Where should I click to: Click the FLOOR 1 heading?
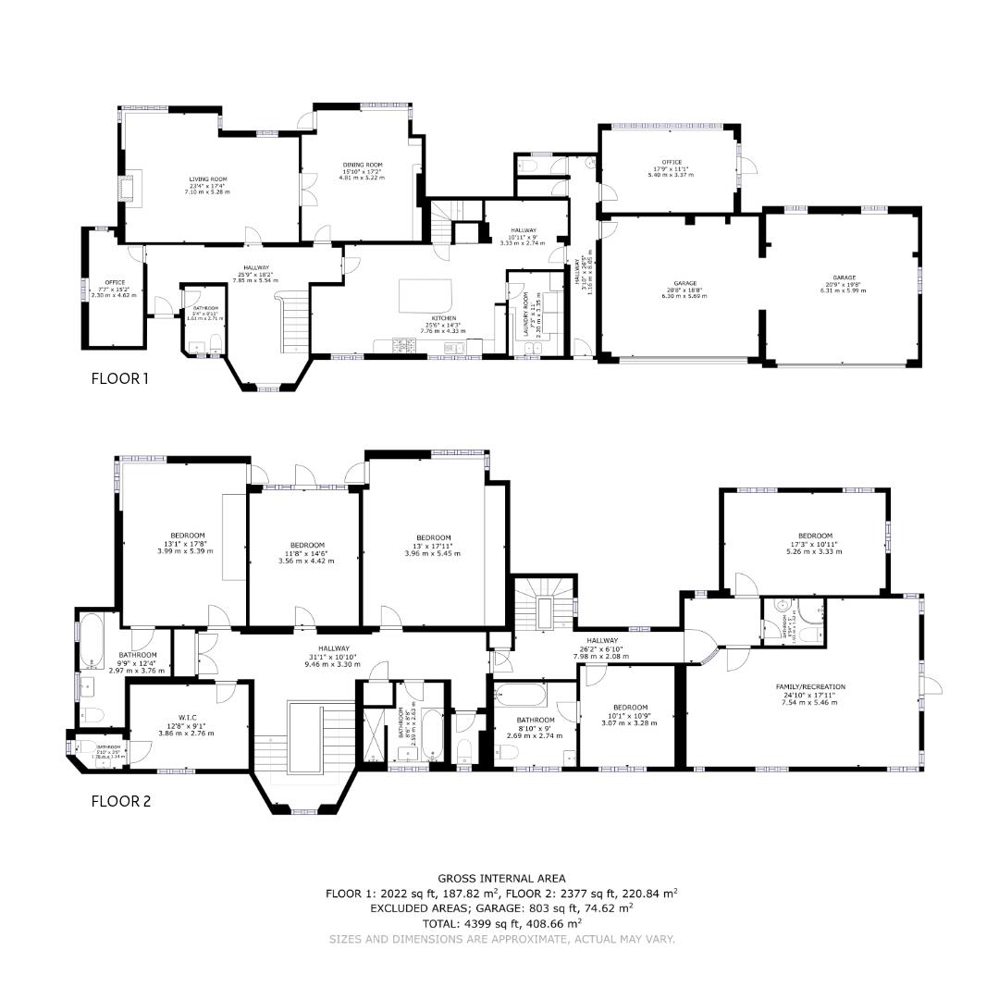(119, 377)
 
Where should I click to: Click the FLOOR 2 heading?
(120, 801)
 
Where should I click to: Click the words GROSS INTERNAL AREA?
(500, 878)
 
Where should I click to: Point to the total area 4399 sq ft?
(500, 922)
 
